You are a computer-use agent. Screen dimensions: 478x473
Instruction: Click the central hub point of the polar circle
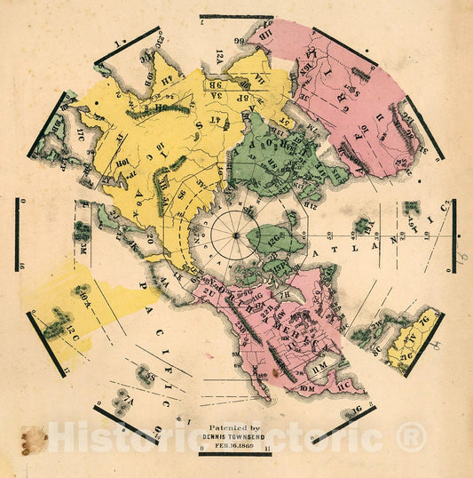[x=236, y=235]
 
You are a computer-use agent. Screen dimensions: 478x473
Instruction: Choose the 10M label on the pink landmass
[x=308, y=387]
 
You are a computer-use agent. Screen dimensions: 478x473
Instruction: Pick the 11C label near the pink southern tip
[x=344, y=386]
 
